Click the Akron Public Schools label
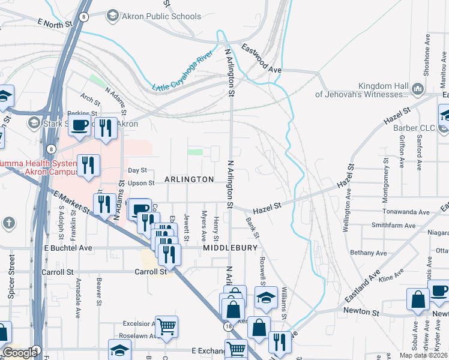click(x=161, y=16)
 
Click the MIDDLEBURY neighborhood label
click(x=230, y=247)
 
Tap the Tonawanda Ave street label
click(x=407, y=212)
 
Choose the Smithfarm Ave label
click(x=393, y=226)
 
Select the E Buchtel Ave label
click(x=67, y=247)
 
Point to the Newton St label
click(x=362, y=312)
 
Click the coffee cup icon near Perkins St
click(x=79, y=127)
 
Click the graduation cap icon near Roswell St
click(x=265, y=298)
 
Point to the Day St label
click(x=137, y=170)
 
